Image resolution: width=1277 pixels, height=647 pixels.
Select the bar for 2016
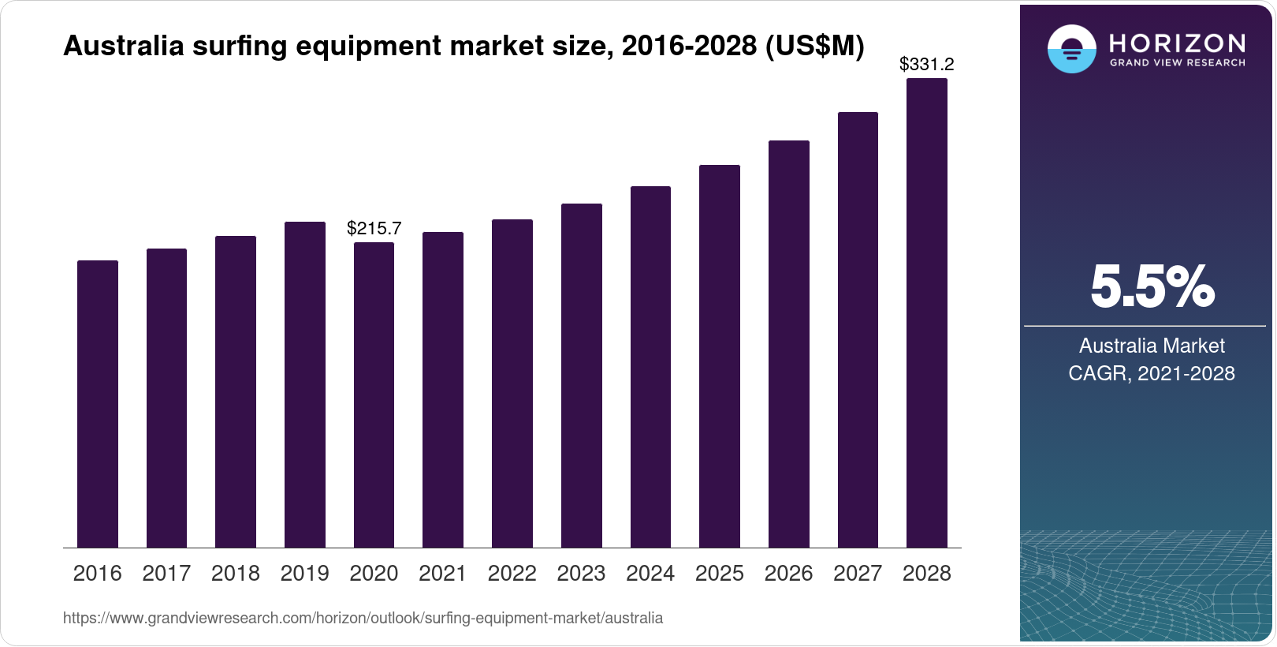98,404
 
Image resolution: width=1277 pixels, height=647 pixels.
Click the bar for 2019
304,385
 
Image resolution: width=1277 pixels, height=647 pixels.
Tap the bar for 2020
374,395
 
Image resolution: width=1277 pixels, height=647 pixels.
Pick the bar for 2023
581,376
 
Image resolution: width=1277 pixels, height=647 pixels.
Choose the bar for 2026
788,344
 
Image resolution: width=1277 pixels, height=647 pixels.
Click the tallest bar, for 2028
926,312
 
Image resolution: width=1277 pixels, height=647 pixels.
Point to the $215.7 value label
374,229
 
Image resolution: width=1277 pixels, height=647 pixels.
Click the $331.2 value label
926,65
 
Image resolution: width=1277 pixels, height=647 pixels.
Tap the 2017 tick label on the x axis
166,574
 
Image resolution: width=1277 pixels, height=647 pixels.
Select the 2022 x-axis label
512,574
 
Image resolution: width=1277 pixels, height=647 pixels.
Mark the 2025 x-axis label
719,574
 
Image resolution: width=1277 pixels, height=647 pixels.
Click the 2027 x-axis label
858,574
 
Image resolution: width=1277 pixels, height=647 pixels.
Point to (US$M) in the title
814,47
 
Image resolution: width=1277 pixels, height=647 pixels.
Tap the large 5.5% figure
1152,287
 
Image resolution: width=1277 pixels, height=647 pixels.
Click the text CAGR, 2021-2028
1151,373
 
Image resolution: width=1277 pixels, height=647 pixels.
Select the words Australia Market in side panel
1151,346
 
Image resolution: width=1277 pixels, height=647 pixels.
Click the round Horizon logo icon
1071,49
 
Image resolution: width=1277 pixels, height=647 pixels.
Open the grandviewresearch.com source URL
363,619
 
